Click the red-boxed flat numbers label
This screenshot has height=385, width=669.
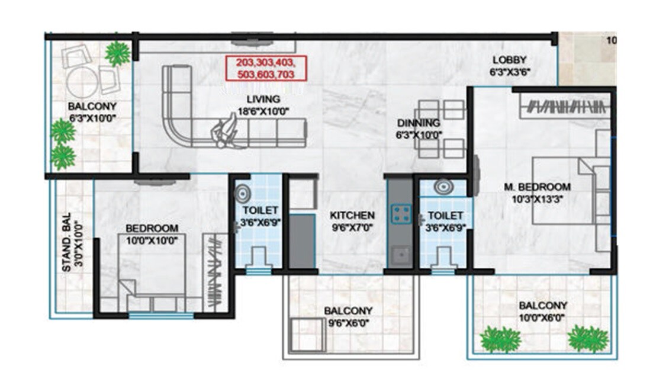(x=265, y=68)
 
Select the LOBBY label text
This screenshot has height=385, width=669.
(x=509, y=60)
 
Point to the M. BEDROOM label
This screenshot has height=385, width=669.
(x=537, y=187)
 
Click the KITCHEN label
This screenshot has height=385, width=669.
(x=352, y=215)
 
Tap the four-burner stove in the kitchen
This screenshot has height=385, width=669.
(x=401, y=213)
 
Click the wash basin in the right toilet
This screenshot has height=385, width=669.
(x=442, y=187)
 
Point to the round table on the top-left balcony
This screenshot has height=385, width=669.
(x=81, y=83)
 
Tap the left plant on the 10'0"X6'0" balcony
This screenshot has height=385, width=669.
(x=500, y=339)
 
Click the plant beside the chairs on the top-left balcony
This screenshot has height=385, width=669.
(x=117, y=54)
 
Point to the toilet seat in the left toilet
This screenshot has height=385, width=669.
(x=258, y=258)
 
